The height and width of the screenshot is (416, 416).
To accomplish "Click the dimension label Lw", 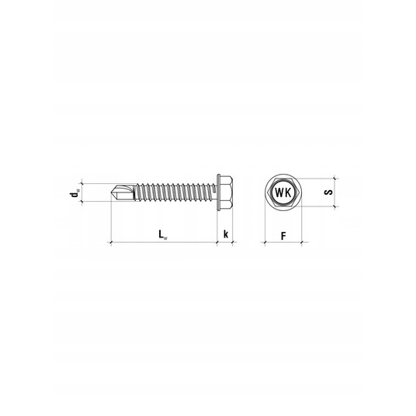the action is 163,235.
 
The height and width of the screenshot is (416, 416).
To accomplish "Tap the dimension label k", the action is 226,234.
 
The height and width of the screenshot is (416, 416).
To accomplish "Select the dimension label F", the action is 283,236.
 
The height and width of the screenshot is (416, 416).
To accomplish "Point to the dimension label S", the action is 328,192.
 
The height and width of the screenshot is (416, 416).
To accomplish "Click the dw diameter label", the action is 75,193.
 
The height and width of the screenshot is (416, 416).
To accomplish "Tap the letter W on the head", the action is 279,192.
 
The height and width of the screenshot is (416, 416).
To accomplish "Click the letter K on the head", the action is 288,192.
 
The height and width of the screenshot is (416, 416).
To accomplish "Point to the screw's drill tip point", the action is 111,192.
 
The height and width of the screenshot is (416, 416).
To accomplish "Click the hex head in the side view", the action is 227,192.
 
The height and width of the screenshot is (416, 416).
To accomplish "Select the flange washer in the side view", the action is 219,192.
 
